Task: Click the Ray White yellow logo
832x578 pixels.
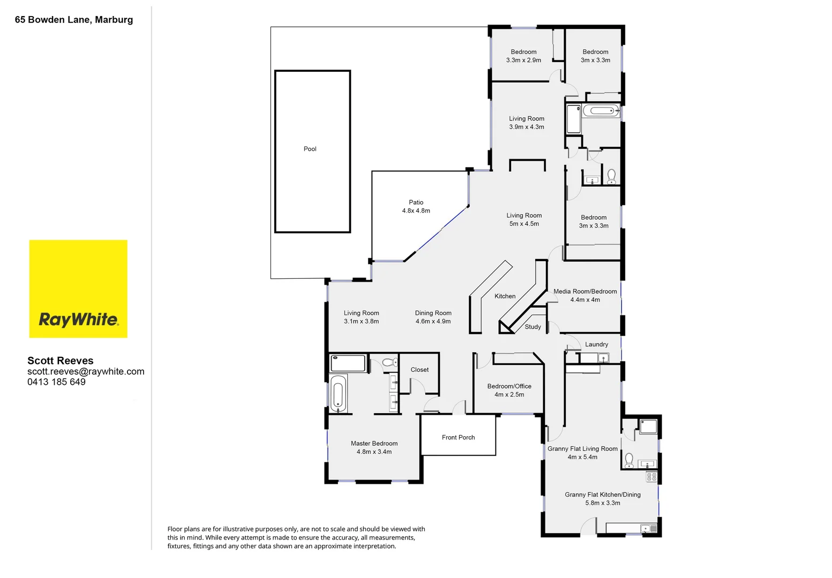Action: [78, 289]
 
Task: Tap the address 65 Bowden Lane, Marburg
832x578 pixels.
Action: [74, 20]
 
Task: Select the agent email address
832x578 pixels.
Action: [86, 371]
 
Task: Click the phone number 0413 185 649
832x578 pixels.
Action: [56, 382]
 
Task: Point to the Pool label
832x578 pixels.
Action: [310, 149]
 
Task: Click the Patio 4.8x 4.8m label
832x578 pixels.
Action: [416, 207]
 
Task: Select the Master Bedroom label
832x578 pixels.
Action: [374, 444]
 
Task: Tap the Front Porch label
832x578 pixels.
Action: [458, 437]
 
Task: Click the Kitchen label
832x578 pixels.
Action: [505, 296]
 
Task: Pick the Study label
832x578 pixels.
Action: [533, 326]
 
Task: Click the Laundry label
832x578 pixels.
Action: [596, 344]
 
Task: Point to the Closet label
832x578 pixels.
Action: [419, 369]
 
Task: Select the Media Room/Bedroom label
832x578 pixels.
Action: [585, 292]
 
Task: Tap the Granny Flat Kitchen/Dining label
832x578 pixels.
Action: [602, 495]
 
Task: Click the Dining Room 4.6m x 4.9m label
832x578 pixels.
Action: [433, 317]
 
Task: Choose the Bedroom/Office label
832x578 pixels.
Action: [509, 386]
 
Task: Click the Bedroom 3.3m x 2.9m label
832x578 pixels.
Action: [523, 56]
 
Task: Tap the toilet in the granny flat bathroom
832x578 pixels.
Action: [629, 460]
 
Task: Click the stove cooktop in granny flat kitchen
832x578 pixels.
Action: [651, 476]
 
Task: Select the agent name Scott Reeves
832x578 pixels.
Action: [60, 361]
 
